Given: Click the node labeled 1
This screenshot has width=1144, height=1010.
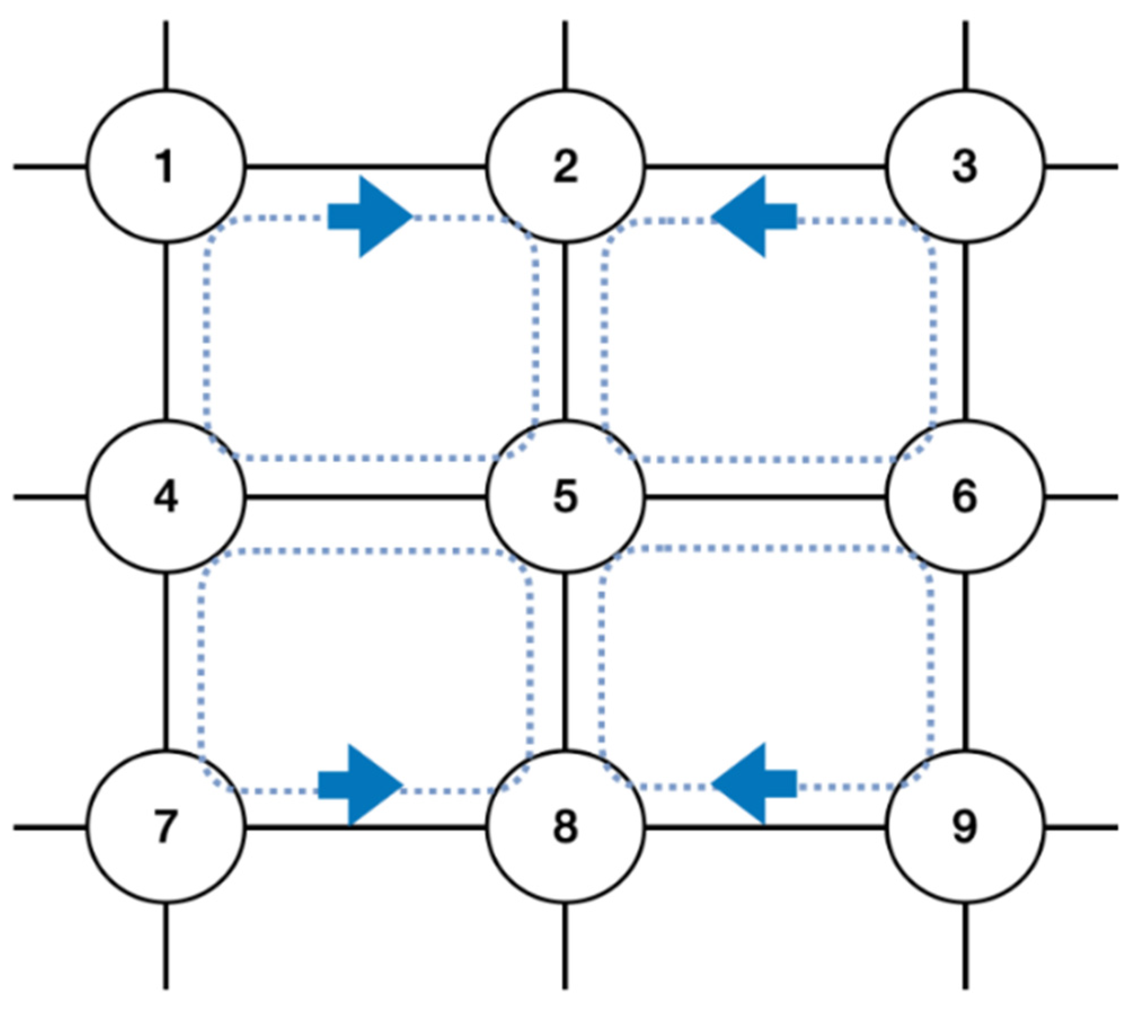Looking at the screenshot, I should (165, 167).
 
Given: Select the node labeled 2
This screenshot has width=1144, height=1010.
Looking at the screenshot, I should (565, 167).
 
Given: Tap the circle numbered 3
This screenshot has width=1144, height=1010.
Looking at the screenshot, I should (964, 167).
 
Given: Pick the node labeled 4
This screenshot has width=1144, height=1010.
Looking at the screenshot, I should (165, 497).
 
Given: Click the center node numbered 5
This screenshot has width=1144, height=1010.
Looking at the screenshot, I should (565, 497).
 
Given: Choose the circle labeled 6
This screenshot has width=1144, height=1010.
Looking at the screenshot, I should (964, 497).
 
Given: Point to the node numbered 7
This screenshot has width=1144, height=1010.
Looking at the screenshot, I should (165, 827).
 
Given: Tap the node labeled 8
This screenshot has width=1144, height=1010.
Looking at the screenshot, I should (565, 827).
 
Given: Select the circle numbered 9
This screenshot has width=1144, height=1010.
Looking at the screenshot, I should (964, 827).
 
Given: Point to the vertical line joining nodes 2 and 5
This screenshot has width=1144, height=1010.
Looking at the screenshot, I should (565, 332).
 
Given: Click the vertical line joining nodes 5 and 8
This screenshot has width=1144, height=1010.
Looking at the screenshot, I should (565, 662).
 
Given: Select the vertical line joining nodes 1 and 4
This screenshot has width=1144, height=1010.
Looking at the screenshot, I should (165, 332).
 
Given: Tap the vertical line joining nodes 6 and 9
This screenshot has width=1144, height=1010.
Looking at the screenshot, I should (964, 662).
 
